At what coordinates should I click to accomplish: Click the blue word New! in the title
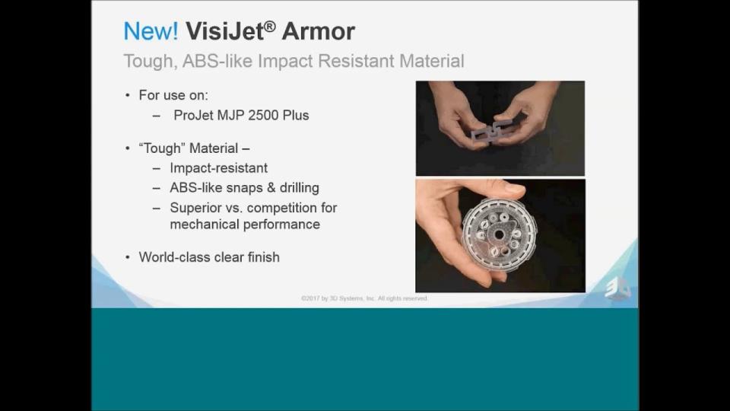151,31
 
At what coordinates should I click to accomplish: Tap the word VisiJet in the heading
225,31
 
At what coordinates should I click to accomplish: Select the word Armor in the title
319,31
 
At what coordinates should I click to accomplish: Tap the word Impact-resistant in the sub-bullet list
219,167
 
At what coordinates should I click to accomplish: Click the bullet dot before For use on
128,96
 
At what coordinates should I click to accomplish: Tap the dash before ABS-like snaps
157,188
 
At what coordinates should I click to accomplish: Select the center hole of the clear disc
499,235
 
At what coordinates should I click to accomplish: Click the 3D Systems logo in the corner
617,289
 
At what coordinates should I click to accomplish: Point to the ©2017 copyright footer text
364,298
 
